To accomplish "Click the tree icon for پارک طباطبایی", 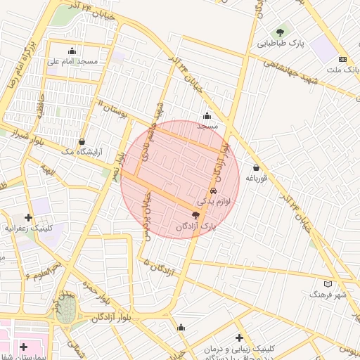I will [x=281, y=32].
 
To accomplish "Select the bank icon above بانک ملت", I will [x=342, y=59].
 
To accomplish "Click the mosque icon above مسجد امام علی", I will [x=72, y=51].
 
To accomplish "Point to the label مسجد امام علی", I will [x=72, y=62].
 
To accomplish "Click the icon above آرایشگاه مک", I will [x=83, y=141].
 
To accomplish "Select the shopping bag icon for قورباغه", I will [x=255, y=167].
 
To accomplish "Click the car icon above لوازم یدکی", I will [x=213, y=191].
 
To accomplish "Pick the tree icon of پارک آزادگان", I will [x=195, y=215].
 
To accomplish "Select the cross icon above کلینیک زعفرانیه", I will [x=28, y=217].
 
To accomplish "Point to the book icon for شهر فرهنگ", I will [x=328, y=283].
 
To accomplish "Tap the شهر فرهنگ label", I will [x=328, y=295].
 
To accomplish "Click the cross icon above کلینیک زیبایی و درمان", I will [x=240, y=338].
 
